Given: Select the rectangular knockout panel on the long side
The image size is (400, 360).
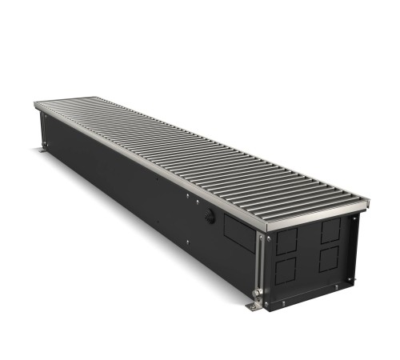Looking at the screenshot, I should coord(237,231).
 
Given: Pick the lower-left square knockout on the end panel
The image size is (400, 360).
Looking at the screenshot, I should coord(286,268).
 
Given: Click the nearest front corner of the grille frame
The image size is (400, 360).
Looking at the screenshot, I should coord(266,230).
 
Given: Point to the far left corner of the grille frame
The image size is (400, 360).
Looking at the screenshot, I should coord(35,104).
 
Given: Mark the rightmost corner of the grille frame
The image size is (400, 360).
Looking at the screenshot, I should coord(370,201).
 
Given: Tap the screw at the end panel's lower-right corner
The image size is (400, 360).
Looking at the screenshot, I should coord(350,279).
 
